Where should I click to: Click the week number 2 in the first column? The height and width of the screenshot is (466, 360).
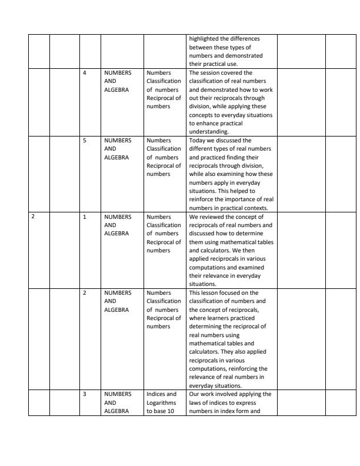[33, 216]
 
